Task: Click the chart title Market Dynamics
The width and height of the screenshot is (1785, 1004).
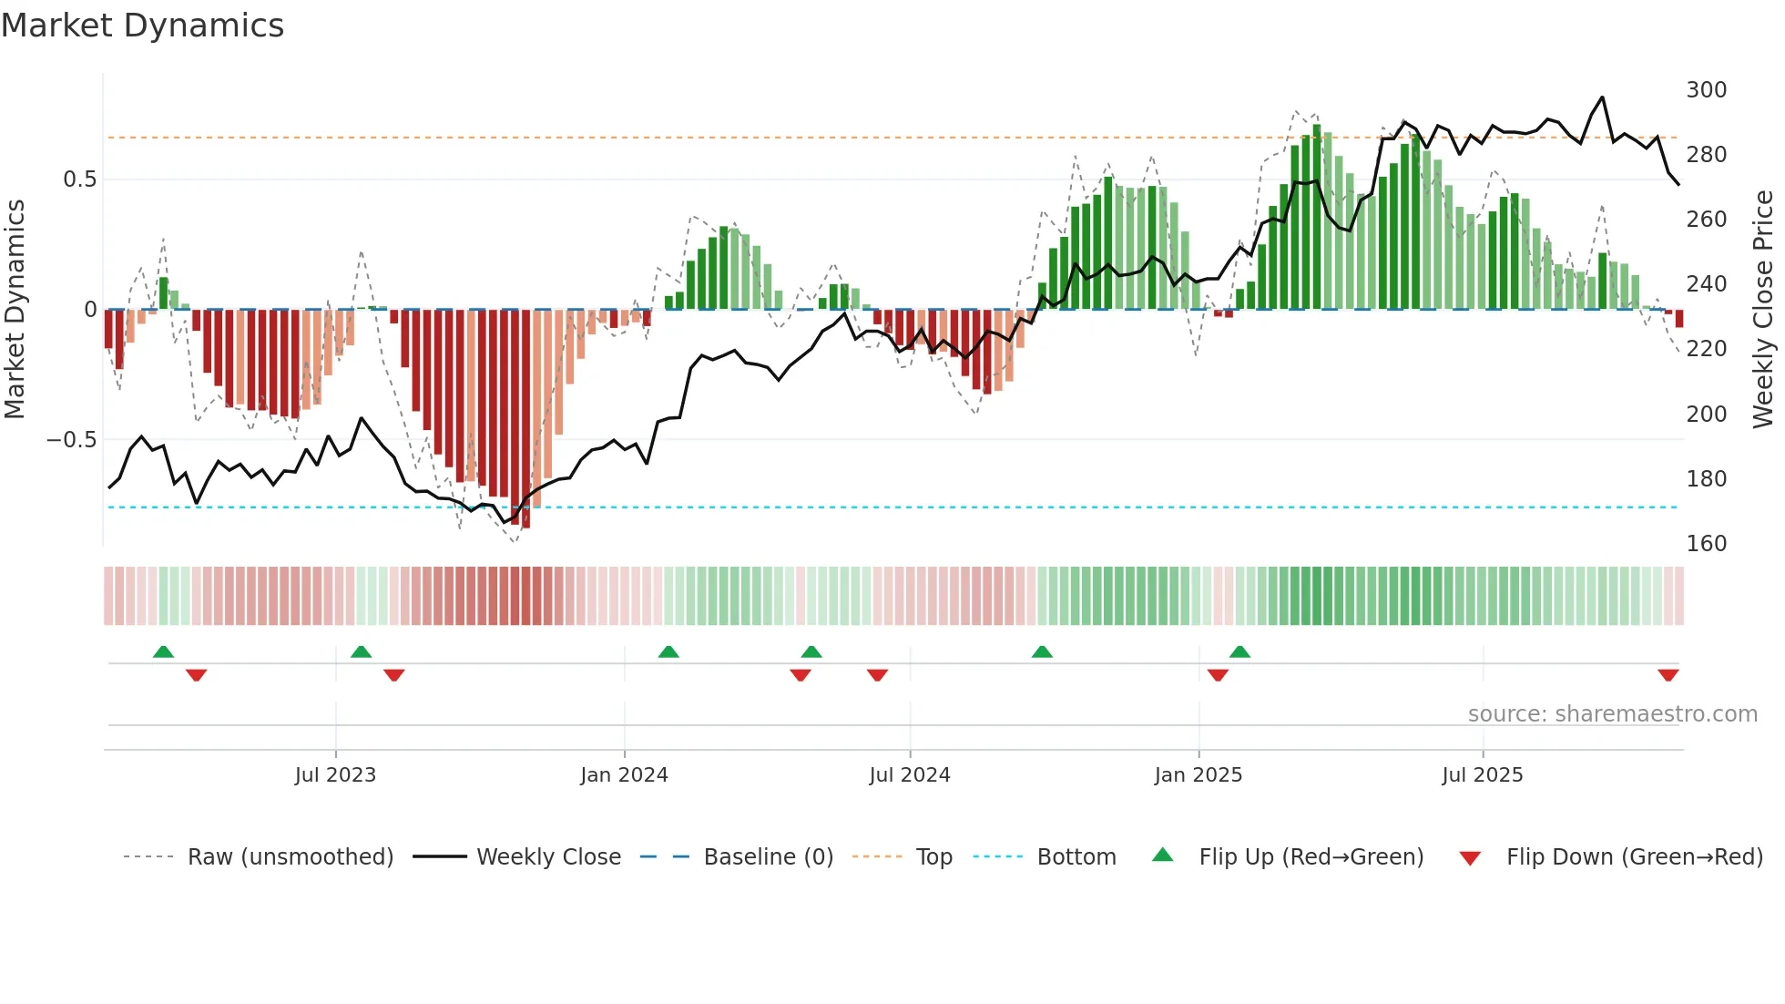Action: (142, 26)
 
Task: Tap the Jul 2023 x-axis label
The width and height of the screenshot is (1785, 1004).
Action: (335, 775)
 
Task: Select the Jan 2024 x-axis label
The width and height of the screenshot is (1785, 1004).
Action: (624, 775)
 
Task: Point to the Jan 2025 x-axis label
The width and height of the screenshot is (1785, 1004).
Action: (1198, 775)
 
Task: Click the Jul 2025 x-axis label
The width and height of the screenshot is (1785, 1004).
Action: (1482, 775)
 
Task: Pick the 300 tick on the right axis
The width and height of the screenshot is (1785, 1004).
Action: (1706, 90)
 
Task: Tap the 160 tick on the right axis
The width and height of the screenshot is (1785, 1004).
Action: (1706, 544)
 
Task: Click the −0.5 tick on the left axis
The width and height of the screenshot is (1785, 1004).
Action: (72, 440)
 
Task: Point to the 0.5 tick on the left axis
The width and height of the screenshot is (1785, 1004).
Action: (79, 179)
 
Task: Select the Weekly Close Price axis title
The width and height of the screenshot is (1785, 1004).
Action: (1763, 310)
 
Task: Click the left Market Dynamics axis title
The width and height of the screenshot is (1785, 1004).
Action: (15, 310)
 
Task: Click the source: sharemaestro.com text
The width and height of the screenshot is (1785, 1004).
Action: (1612, 714)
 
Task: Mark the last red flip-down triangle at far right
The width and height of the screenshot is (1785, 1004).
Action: (1668, 675)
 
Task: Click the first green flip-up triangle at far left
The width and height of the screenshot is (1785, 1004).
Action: (163, 651)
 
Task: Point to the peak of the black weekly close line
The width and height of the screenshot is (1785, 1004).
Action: (1602, 97)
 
